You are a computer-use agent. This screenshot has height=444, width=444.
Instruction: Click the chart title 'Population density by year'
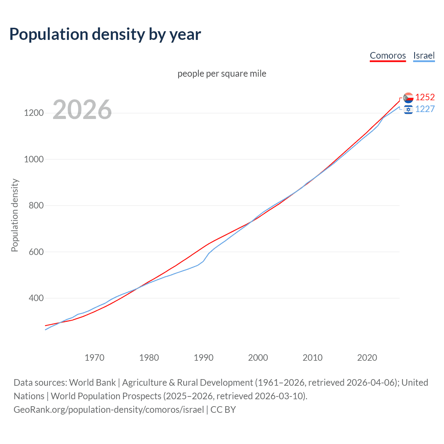[x=105, y=34]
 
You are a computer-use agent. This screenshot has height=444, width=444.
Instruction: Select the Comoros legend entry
[x=387, y=55]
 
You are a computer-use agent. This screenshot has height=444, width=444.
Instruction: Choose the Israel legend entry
[x=424, y=55]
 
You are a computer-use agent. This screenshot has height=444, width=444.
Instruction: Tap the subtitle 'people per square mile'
[x=222, y=74]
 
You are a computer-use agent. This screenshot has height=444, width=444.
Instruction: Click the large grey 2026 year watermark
[x=82, y=110]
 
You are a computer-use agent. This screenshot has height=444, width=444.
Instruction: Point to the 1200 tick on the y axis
[x=34, y=113]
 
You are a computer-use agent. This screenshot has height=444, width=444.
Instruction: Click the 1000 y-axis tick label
[x=34, y=159]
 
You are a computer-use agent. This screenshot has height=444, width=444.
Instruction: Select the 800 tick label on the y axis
[x=36, y=206]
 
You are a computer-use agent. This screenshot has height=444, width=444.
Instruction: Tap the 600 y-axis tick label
[x=36, y=252]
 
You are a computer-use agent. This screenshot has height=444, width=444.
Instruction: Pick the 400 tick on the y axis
[x=36, y=298]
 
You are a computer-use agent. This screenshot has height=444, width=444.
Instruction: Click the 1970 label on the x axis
[x=94, y=358]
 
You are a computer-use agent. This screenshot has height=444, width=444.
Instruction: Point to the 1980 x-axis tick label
[x=149, y=358]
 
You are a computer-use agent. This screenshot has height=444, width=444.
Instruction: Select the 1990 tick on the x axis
[x=204, y=358]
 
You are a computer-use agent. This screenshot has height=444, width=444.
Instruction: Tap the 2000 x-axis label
[x=258, y=358]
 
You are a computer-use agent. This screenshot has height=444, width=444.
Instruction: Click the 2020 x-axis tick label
[x=367, y=358]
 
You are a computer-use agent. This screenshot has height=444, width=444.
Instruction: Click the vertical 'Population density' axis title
[x=15, y=215]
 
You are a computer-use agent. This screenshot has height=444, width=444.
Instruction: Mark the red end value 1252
[x=425, y=97]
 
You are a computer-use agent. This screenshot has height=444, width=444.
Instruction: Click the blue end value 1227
[x=425, y=109]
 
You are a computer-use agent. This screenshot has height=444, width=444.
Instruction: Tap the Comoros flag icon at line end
[x=408, y=97]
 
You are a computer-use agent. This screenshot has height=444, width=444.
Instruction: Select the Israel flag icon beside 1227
[x=408, y=110]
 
